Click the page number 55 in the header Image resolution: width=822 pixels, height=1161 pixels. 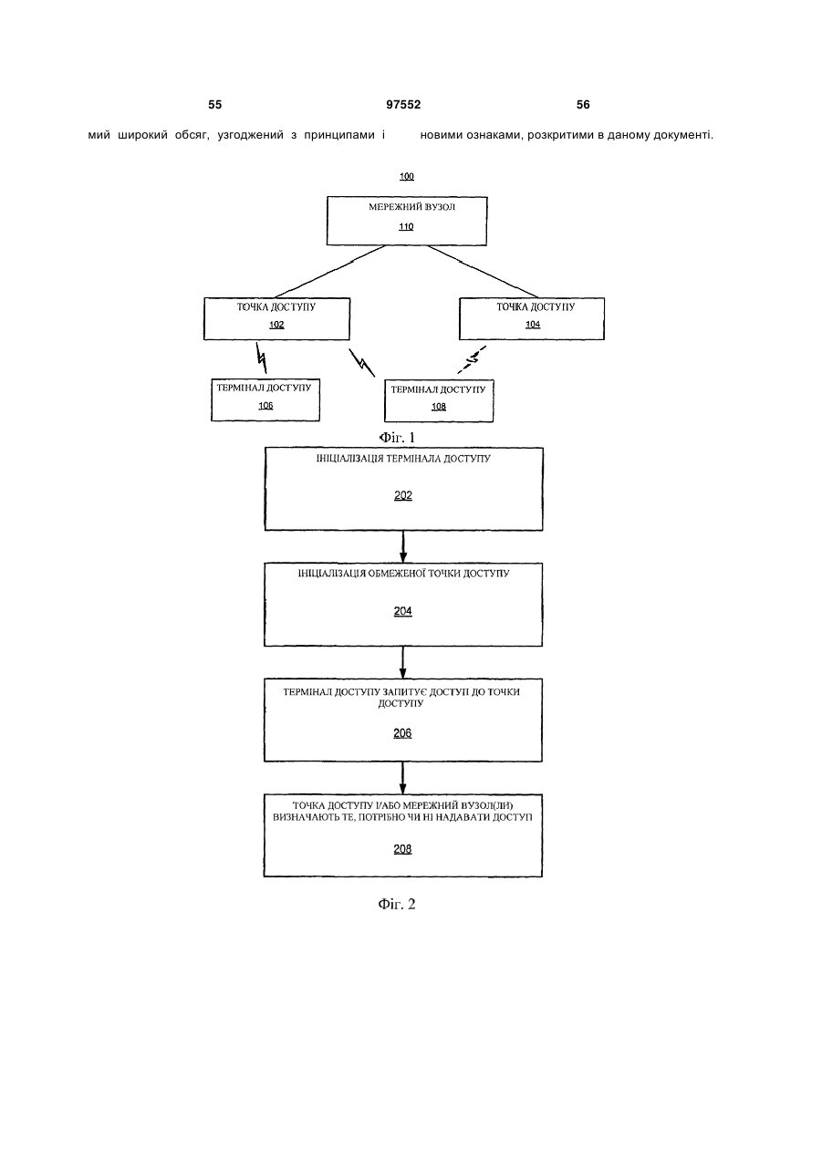coord(214,105)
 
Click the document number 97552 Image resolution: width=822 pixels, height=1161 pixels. coord(403,105)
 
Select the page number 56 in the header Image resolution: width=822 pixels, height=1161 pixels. coord(583,105)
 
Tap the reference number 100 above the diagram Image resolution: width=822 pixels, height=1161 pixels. coord(407,176)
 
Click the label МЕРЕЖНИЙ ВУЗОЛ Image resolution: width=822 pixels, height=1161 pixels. coord(411,207)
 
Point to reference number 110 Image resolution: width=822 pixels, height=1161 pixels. coord(406,226)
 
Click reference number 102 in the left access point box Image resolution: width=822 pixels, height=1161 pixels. coord(276,325)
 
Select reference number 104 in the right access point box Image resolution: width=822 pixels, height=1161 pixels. coord(533,324)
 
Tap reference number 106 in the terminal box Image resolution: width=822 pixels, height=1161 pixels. coord(265,405)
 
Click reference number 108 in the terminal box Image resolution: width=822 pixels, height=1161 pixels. coord(439,407)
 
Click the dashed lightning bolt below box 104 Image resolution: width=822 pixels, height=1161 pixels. coord(472,359)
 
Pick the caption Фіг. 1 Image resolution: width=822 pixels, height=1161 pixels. coord(397,438)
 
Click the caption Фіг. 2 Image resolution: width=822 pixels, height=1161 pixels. coord(397,904)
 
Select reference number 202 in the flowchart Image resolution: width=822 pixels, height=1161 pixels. coord(403,495)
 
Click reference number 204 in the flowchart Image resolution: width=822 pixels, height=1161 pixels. coord(402,611)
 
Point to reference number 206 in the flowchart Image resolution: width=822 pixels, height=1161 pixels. coord(402,733)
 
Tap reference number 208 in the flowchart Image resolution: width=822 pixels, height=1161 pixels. coord(402,849)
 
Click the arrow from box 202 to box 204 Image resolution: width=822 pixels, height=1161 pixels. coord(403,547)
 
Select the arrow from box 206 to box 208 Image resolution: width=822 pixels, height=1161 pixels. coord(403,778)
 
